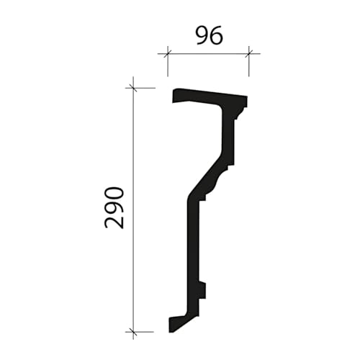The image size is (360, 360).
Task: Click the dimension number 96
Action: [x=210, y=36]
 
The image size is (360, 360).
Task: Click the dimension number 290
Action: [x=114, y=208]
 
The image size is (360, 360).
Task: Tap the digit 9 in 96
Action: [x=202, y=36]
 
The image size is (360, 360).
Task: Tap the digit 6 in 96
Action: [x=217, y=36]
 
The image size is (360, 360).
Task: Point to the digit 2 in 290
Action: [x=114, y=222]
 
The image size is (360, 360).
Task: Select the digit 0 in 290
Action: [x=114, y=194]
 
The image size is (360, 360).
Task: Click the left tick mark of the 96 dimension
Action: [x=168, y=53]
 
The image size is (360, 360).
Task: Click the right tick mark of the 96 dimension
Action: [x=248, y=53]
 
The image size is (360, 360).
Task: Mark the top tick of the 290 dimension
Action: [x=133, y=88]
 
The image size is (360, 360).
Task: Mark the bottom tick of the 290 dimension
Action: [x=133, y=332]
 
